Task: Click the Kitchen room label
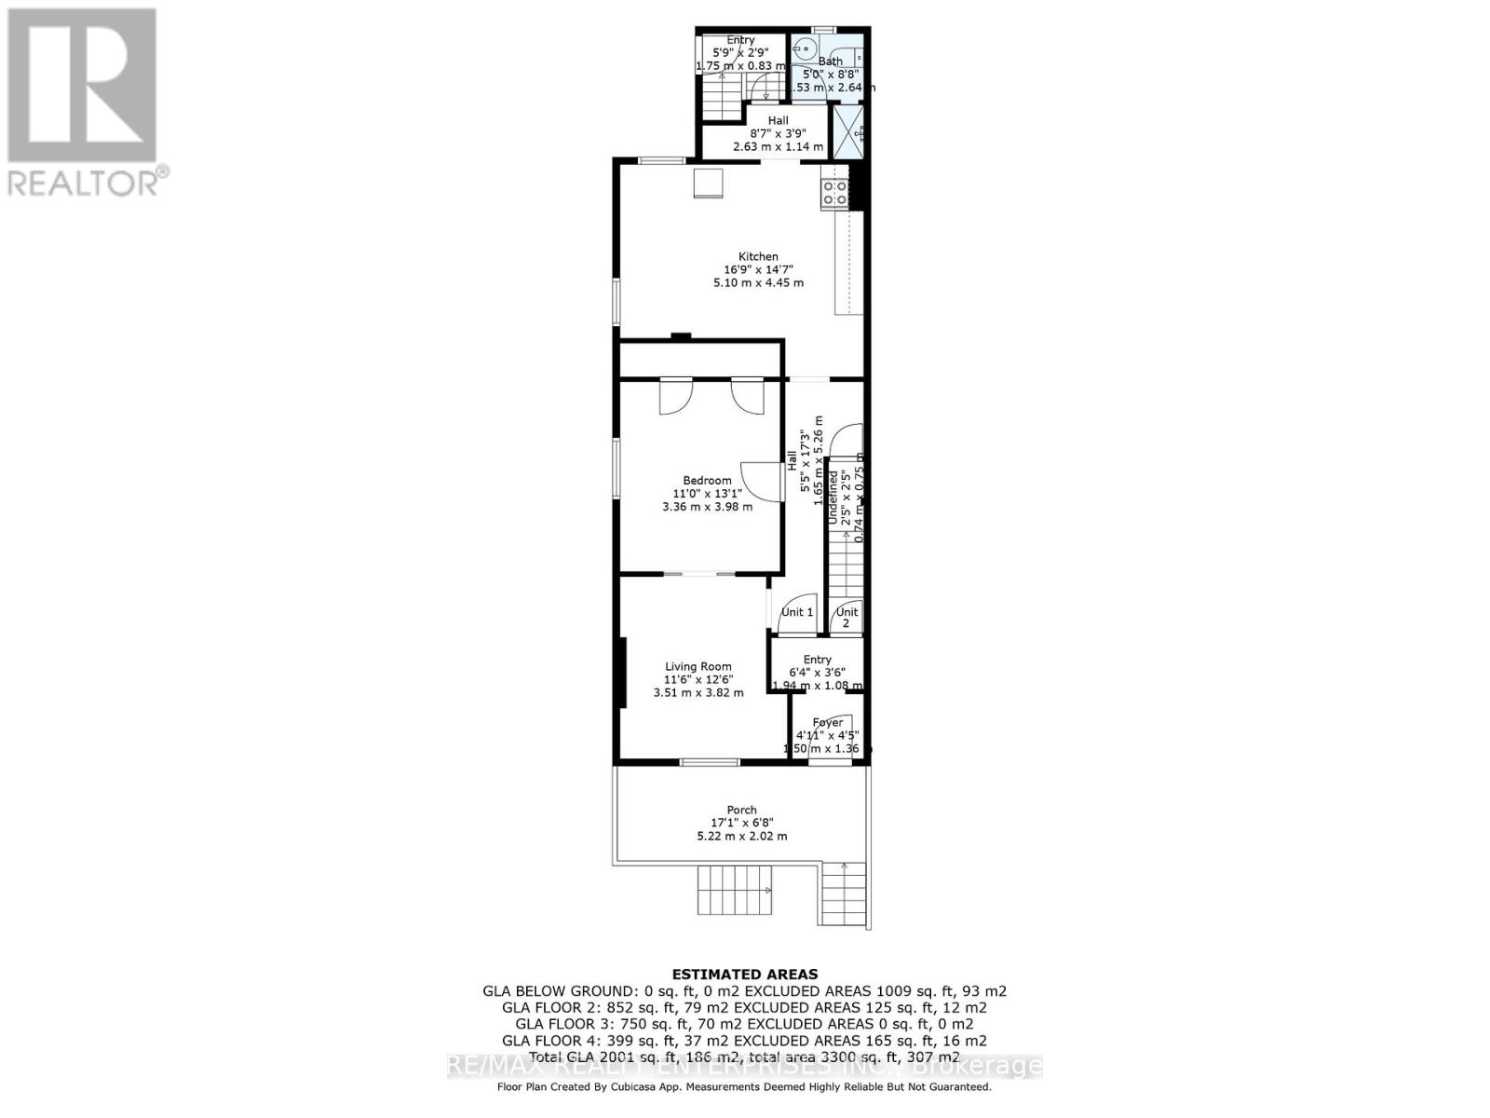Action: (758, 256)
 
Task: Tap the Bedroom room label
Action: (707, 481)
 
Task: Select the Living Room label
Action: (698, 666)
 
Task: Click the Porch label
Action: (741, 810)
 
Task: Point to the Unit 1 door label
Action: (797, 612)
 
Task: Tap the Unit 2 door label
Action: (847, 617)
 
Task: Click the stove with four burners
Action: (834, 192)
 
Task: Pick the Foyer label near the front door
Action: (827, 722)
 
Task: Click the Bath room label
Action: (830, 61)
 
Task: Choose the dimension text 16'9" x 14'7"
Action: (758, 269)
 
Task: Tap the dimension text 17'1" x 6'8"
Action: (741, 823)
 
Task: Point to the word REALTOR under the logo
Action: (84, 183)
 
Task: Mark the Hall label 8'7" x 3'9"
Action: (778, 133)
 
